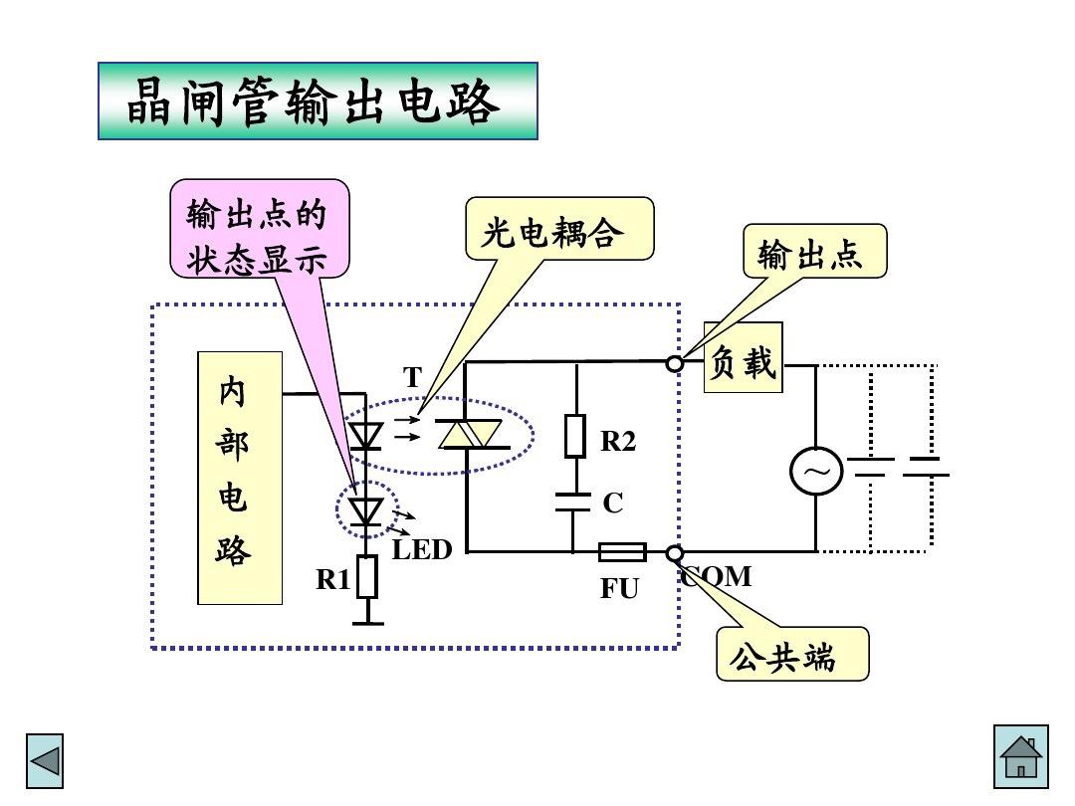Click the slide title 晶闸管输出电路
[318, 101]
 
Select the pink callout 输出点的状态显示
[260, 228]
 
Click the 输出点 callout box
[814, 251]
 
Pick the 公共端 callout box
[792, 654]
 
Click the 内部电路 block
[239, 478]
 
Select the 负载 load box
[743, 357]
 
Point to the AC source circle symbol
[816, 472]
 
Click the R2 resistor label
[618, 442]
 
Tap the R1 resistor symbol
[368, 577]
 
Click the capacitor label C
[613, 504]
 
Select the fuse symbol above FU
[622, 552]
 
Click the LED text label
[422, 550]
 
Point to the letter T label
[412, 377]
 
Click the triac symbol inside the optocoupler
[471, 435]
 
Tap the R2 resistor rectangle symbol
[575, 436]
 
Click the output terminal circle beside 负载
[675, 363]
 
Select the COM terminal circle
[675, 553]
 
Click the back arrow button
[45, 762]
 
